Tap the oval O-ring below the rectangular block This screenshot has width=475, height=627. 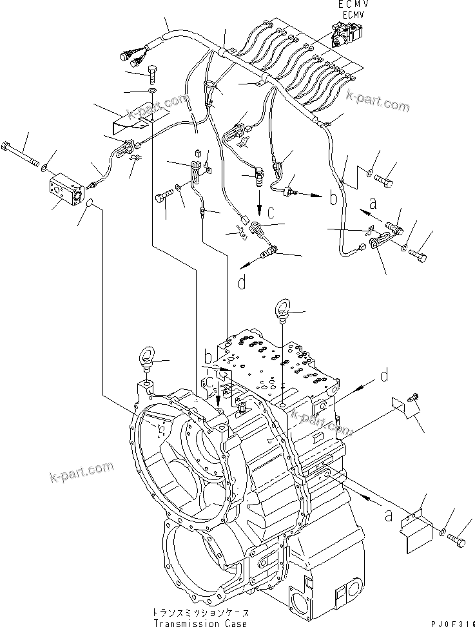[x=88, y=204]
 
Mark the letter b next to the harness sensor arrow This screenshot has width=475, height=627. [x=333, y=198]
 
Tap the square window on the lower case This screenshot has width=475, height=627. [x=339, y=593]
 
